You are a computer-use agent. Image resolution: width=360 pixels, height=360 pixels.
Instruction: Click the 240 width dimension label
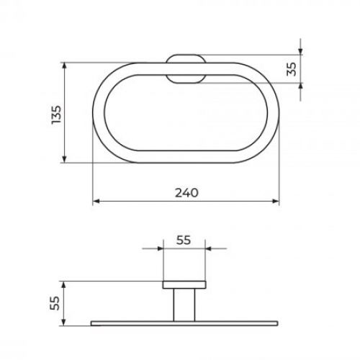tap(186, 192)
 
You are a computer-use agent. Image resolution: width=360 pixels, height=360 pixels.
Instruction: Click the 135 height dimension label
tap(57, 114)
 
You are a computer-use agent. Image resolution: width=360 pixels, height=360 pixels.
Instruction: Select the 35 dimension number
tap(292, 69)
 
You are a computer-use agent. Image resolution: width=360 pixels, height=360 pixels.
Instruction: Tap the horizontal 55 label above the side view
tap(184, 240)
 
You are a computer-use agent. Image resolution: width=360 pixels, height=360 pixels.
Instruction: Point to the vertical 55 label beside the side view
tap(55, 303)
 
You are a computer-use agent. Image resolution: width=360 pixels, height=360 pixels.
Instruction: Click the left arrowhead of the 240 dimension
tap(96, 201)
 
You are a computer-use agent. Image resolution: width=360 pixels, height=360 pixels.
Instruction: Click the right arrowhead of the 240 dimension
tap(276, 201)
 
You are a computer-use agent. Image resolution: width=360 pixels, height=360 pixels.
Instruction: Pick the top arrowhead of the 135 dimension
tap(64, 66)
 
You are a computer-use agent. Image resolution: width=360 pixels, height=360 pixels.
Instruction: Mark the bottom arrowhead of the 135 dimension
tap(64, 159)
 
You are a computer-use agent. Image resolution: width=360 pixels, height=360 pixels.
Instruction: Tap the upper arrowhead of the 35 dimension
tap(300, 51)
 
